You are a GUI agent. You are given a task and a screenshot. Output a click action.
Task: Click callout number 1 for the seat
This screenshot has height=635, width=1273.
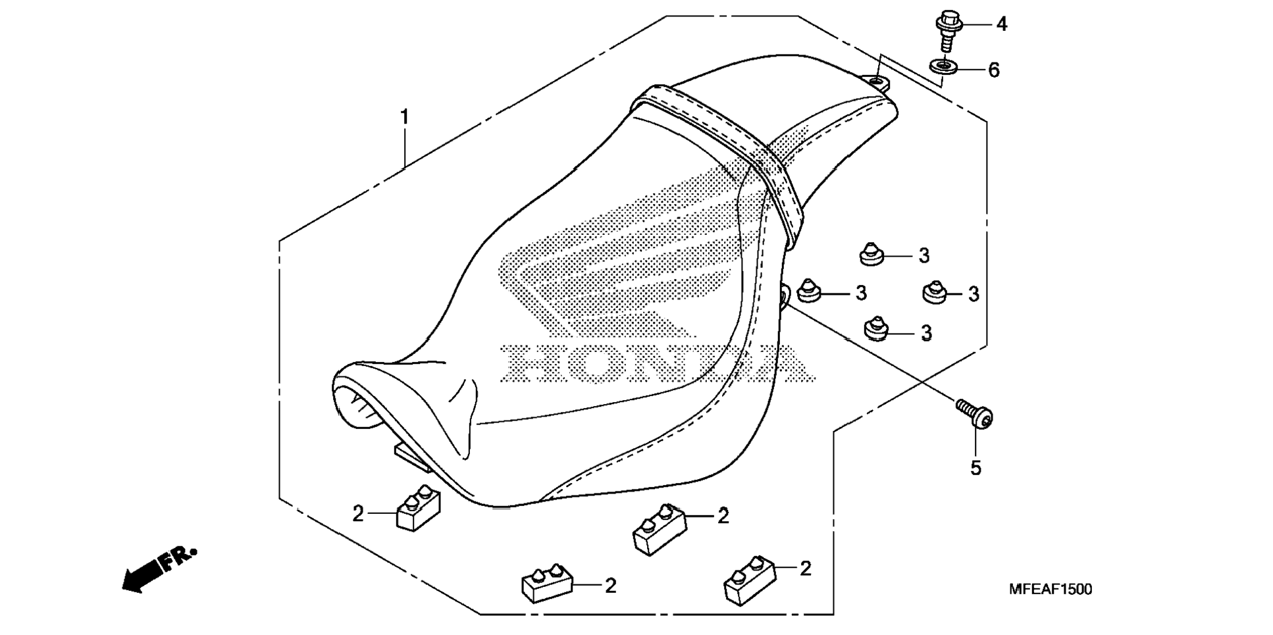[x=405, y=118]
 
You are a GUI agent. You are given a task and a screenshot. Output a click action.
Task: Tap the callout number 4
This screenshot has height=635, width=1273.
[x=1001, y=24]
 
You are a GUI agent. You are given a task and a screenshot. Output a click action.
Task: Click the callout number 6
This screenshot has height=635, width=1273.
[x=994, y=70]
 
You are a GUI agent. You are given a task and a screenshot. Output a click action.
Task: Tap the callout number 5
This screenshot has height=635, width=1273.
[x=975, y=468]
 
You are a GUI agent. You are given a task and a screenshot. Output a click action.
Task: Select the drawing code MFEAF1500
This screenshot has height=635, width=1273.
[x=1050, y=590]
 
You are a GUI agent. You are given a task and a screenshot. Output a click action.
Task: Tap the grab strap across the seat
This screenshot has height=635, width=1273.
[x=724, y=151]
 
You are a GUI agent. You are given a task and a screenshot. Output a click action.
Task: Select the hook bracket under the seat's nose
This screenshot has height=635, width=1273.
[x=412, y=456]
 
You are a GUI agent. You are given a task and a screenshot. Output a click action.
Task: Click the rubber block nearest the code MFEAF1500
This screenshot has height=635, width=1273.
[x=749, y=580]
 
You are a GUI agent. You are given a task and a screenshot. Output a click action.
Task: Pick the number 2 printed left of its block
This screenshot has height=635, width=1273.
[x=357, y=514]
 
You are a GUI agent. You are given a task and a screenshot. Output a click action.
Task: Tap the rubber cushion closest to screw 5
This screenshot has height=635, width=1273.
[x=874, y=328]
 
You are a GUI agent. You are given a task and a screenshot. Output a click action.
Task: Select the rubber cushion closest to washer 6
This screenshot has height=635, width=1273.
[x=871, y=253]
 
